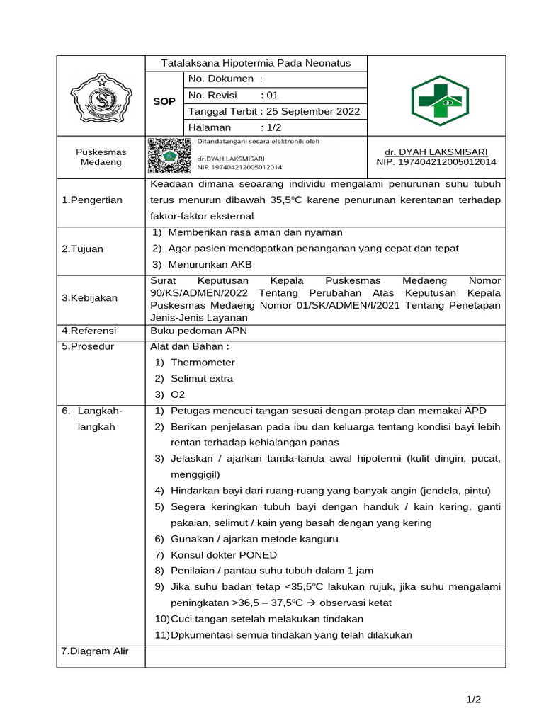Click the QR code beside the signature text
coord(169,156)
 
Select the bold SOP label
coord(164,102)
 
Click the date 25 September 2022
coord(312,111)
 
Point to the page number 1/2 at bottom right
coord(473,700)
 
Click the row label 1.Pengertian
coord(92,200)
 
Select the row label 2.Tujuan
coord(82,249)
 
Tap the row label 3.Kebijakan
coord(90,299)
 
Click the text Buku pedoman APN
coord(189,331)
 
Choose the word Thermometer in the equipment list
coord(203,362)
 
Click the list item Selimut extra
coord(202,378)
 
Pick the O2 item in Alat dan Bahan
coord(178,394)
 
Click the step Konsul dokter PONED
coord(224,554)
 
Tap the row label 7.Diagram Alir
coord(95,651)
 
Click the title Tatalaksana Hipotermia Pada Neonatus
coord(256,63)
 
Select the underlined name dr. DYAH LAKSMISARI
coord(436,152)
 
